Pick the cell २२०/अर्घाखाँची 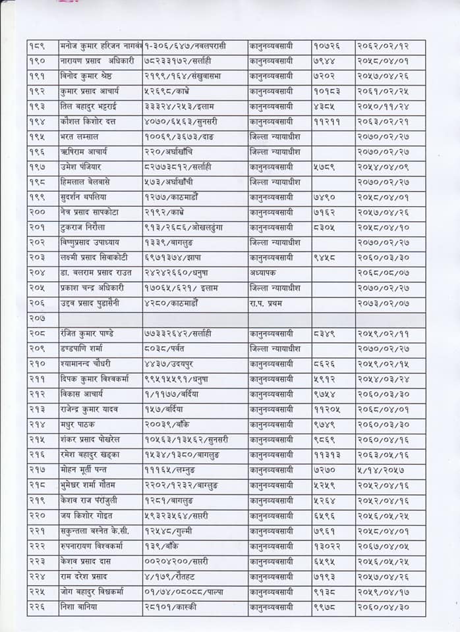[x=172, y=152]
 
